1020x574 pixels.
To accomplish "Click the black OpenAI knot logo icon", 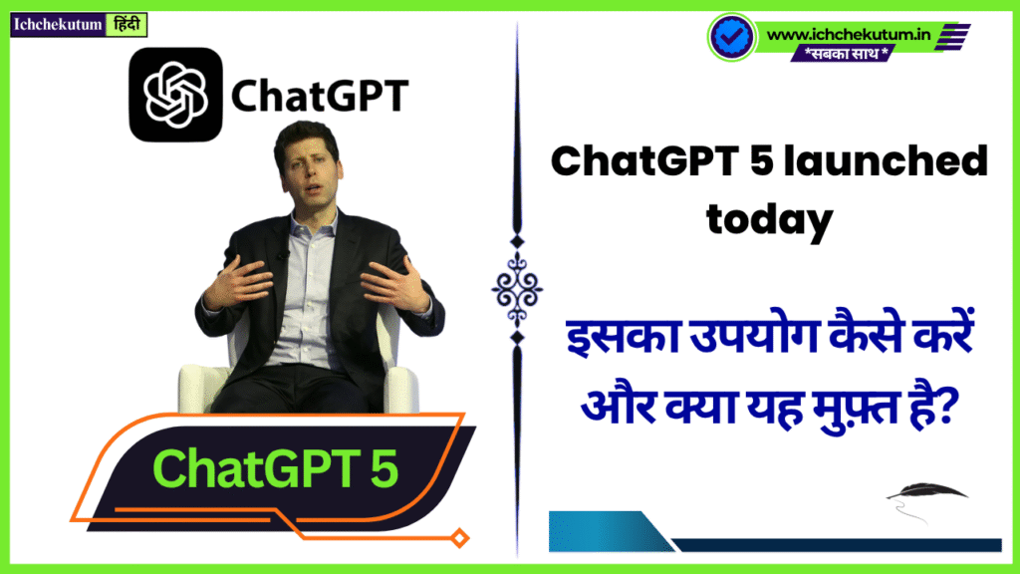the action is pos(175,95).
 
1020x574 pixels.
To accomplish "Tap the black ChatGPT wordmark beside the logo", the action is pos(320,97).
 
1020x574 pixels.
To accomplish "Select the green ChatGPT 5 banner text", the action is pos(275,468).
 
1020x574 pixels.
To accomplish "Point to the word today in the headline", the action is pos(770,218).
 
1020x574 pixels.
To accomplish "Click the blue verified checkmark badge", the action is pos(732,37).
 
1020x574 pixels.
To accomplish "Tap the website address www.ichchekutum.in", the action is pos(849,34).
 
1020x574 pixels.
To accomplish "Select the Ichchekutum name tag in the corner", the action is pos(58,25).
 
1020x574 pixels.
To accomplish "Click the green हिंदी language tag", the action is pos(127,25).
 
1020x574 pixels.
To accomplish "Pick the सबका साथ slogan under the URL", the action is pos(846,53).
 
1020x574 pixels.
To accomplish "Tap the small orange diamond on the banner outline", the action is pos(460,538).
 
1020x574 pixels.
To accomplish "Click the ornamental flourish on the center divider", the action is pos(517,289).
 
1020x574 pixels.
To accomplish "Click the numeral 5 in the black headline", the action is pos(760,160).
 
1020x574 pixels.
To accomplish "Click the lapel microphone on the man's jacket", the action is pos(284,254).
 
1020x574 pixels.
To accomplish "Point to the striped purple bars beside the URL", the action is pos(952,37).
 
